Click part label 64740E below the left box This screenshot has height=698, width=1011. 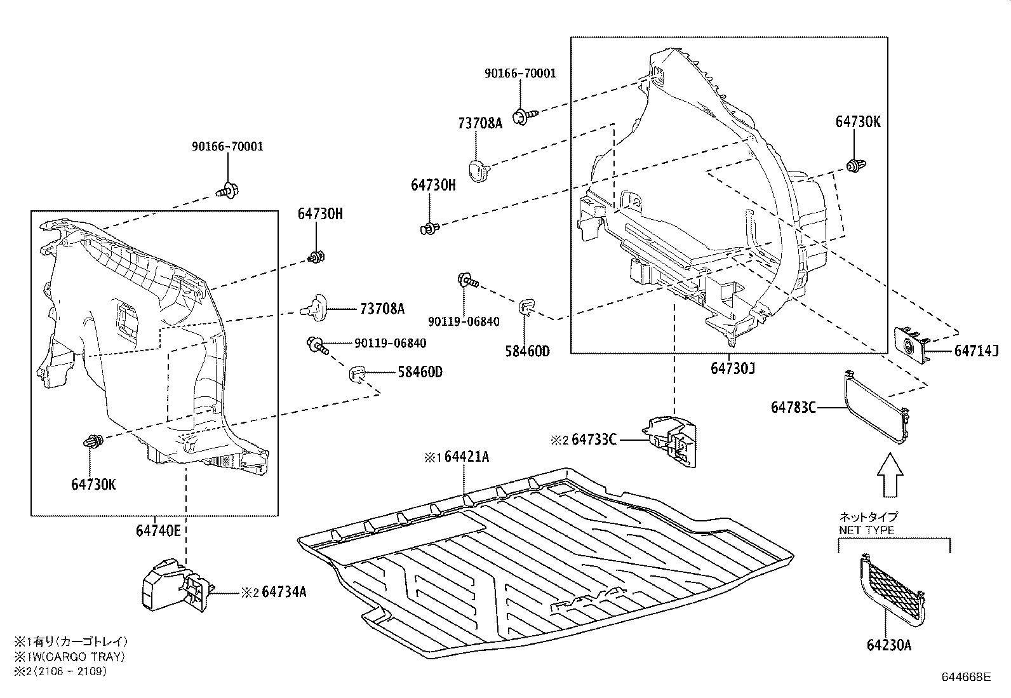coord(159,529)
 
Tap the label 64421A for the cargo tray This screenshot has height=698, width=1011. coord(467,457)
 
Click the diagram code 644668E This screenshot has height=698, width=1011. coord(966,677)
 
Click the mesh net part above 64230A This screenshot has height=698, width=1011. coord(892,587)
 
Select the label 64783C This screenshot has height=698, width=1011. coord(793,407)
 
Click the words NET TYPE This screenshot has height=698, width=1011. coord(867,530)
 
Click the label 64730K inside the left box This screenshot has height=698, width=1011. coord(94,484)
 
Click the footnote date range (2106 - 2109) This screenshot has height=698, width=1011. coord(70,671)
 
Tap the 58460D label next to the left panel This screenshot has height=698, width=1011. coord(420,372)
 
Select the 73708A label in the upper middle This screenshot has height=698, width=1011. coord(479,123)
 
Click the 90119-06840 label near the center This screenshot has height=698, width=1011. coord(464,321)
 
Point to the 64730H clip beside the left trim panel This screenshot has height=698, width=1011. coord(316,257)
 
